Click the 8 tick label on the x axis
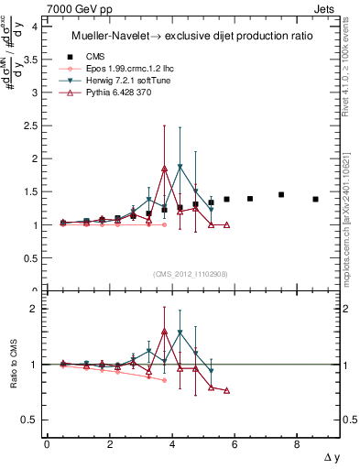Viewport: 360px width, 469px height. (x=297, y=444)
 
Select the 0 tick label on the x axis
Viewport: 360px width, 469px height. (x=47, y=444)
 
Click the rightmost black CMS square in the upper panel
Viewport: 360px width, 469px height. (x=315, y=199)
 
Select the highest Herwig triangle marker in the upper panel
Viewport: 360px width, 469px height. (x=180, y=167)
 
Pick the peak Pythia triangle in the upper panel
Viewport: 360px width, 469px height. (x=164, y=169)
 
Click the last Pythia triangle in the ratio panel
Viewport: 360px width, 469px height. (x=226, y=390)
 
